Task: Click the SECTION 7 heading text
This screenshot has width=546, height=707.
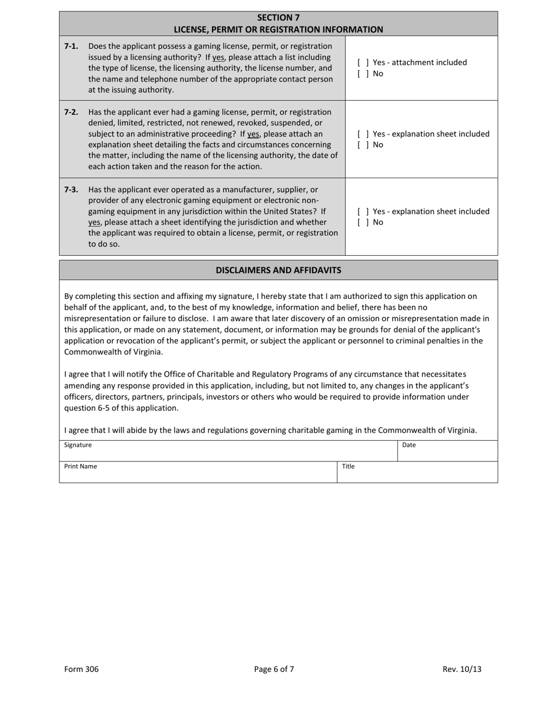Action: [x=278, y=17]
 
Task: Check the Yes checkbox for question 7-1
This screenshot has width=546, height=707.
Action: [x=363, y=63]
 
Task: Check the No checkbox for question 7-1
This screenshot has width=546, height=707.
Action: [x=363, y=74]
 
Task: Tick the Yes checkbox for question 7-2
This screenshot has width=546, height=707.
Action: [x=363, y=134]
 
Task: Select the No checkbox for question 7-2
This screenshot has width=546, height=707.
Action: [x=363, y=145]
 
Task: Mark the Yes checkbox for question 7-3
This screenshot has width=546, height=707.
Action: [x=363, y=212]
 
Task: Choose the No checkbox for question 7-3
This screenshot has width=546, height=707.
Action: [x=363, y=222]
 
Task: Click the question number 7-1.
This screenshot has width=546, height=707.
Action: [x=71, y=46]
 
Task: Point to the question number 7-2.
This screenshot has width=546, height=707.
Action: [x=71, y=112]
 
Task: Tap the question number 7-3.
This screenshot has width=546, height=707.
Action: [x=71, y=190]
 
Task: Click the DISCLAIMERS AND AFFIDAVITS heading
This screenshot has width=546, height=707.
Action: [x=278, y=270]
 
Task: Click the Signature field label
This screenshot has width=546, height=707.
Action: [x=78, y=445]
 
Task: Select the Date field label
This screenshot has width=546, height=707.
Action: [x=409, y=445]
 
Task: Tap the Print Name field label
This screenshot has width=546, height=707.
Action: [x=80, y=467]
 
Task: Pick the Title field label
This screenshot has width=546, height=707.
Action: [x=348, y=467]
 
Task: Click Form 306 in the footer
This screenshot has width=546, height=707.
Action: [x=82, y=669]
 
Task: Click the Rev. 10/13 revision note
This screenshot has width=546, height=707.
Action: [x=462, y=669]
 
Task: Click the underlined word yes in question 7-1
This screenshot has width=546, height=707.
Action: [x=218, y=57]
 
